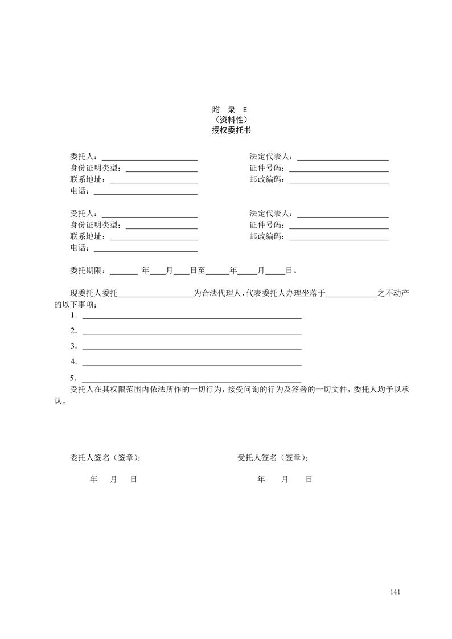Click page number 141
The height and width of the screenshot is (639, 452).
point(396,592)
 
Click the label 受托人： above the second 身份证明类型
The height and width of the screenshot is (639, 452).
point(84,214)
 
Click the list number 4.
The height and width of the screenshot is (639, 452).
point(73,361)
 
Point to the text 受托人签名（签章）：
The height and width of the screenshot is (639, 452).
point(274,457)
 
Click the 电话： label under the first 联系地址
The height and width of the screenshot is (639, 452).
point(80,191)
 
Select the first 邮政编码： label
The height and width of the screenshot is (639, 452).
point(268,179)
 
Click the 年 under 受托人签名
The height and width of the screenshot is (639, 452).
point(261,480)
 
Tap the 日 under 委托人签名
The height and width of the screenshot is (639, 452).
point(133,480)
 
